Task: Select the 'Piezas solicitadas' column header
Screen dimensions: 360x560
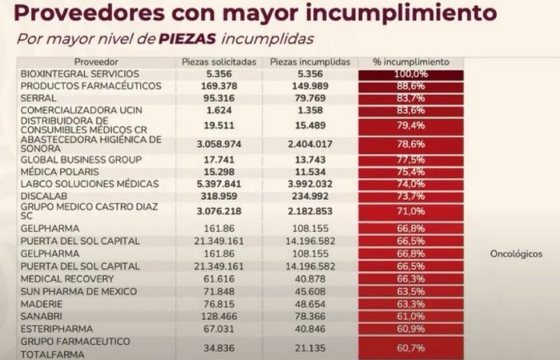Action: (218, 62)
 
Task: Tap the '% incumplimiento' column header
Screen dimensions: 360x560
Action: (410, 62)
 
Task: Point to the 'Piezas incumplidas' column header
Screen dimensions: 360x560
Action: (308, 62)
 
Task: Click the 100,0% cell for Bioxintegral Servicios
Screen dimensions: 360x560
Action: (410, 74)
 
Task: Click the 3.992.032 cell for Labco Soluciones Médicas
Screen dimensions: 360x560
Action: (308, 183)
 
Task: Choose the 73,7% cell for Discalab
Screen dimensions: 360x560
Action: (410, 195)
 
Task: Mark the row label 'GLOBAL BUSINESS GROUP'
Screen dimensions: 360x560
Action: (75, 160)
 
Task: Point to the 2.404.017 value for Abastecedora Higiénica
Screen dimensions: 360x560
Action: (308, 145)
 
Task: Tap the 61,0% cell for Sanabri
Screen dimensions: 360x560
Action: (410, 317)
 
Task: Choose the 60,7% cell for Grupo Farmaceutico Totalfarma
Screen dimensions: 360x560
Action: (410, 347)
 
